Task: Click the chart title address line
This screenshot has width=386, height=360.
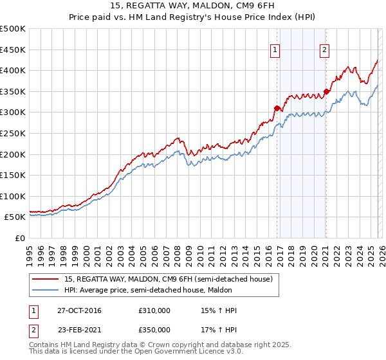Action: (x=192, y=7)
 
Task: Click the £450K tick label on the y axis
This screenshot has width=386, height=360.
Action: (x=12, y=50)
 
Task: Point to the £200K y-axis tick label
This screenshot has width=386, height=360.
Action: (x=12, y=154)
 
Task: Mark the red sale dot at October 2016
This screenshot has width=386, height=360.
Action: (x=277, y=108)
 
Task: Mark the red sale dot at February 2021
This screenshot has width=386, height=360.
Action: (x=326, y=91)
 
